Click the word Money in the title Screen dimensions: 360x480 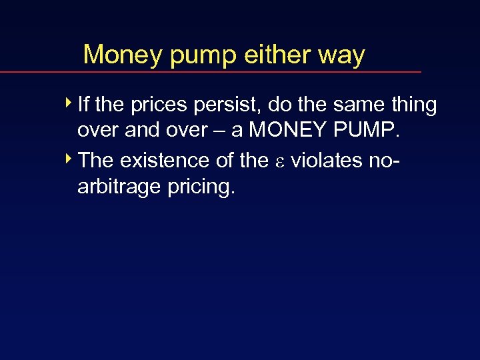tap(123, 54)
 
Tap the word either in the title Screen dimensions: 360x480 tap(279, 54)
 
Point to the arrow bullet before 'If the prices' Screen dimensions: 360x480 tap(71, 104)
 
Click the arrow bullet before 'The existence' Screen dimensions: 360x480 tap(71, 160)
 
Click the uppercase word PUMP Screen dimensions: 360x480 tap(369, 131)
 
